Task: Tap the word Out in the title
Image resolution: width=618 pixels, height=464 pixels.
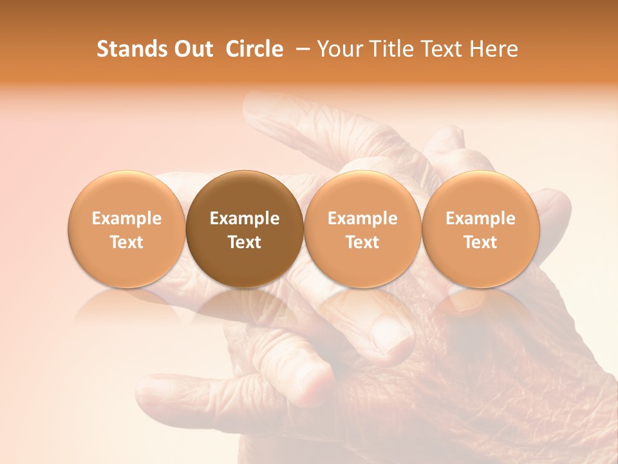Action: click(191, 49)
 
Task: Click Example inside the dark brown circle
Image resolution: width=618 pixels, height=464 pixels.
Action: click(245, 218)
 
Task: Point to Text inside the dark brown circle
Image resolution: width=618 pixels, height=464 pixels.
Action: click(245, 242)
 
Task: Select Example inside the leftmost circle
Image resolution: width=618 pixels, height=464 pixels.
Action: click(127, 218)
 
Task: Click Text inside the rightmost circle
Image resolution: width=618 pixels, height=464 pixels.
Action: click(480, 242)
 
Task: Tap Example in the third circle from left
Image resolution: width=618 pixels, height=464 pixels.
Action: click(362, 218)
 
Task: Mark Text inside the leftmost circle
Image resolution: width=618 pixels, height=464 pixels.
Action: click(127, 242)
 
